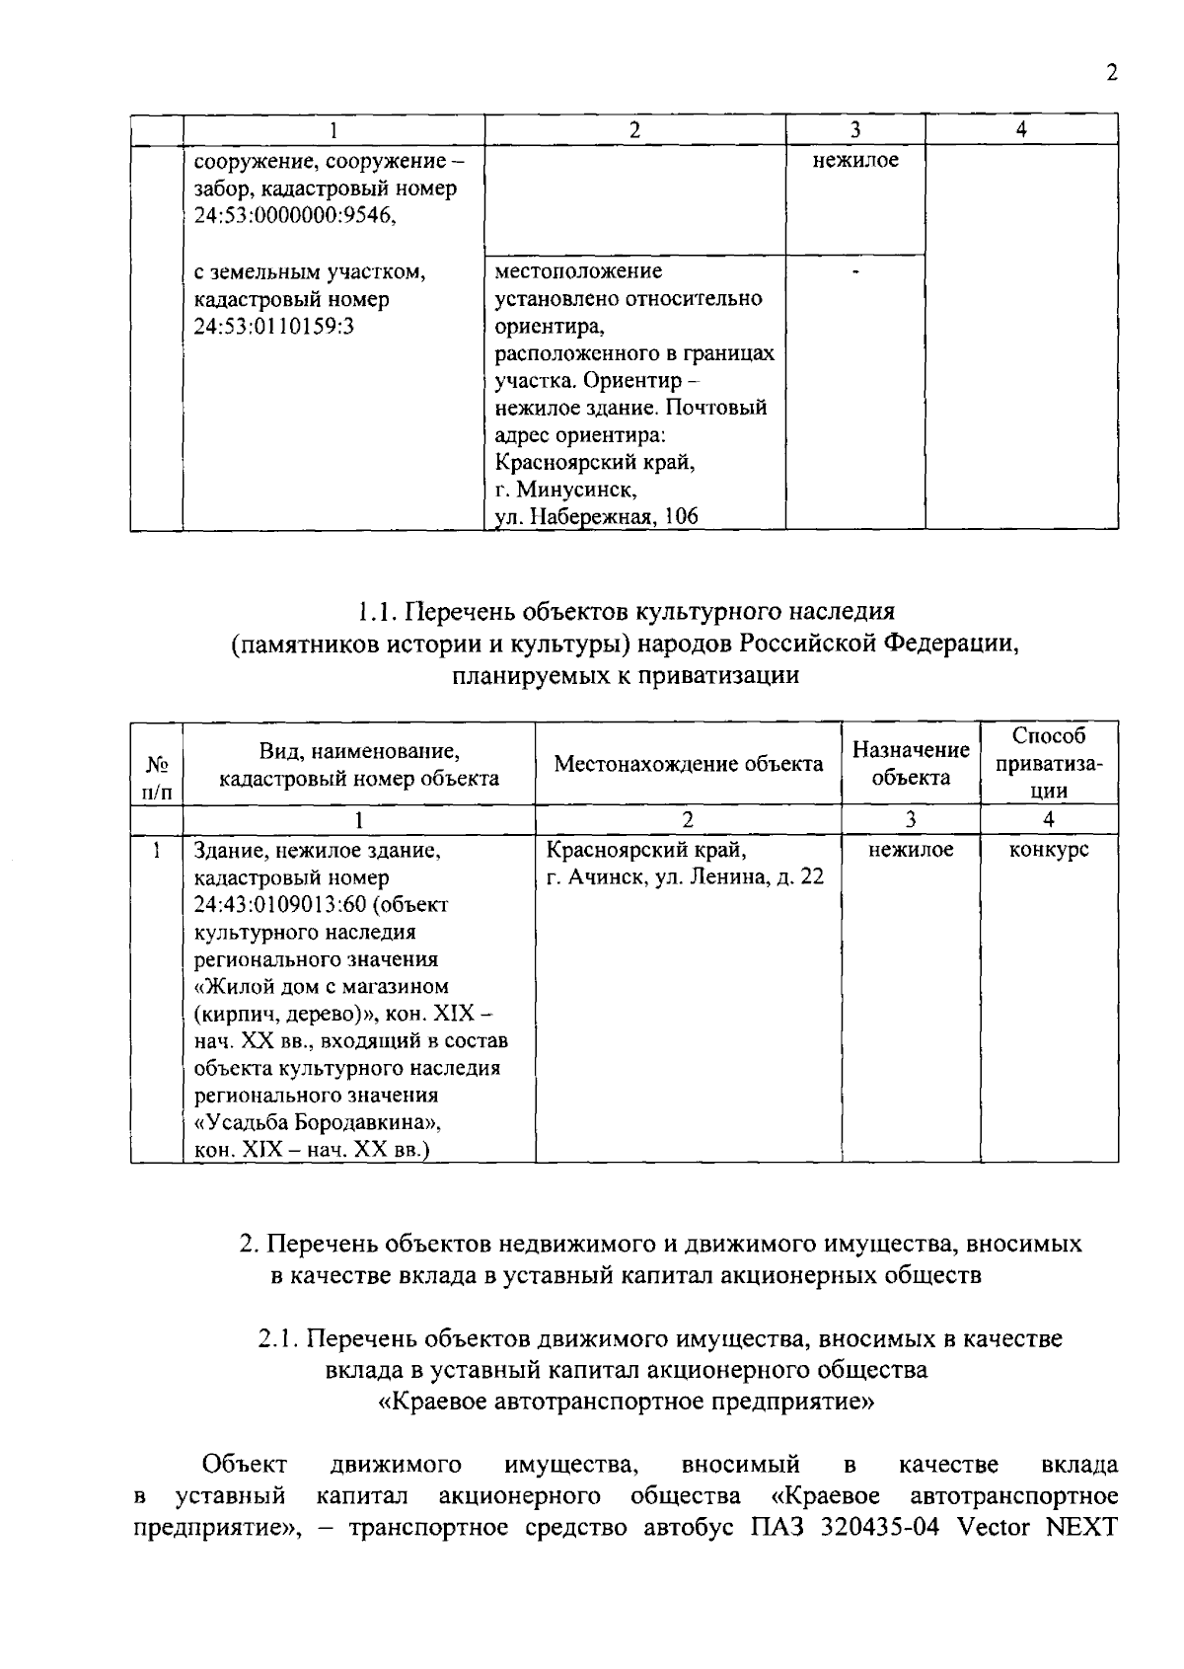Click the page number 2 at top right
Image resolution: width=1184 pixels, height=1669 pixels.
pyautogui.click(x=1112, y=74)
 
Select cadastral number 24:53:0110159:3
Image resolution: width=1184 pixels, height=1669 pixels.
pyautogui.click(x=273, y=327)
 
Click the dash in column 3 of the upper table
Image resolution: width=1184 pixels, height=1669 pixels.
pyautogui.click(x=855, y=271)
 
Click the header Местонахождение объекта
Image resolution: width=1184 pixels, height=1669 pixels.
pyautogui.click(x=688, y=764)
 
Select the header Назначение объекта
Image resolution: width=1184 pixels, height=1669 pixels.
pyautogui.click(x=910, y=764)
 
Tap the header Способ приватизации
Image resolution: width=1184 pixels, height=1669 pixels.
pyautogui.click(x=1048, y=764)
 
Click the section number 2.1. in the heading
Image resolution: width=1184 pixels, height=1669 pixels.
pyautogui.click(x=277, y=1339)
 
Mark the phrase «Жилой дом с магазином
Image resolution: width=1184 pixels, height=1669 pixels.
pyautogui.click(x=322, y=987)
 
